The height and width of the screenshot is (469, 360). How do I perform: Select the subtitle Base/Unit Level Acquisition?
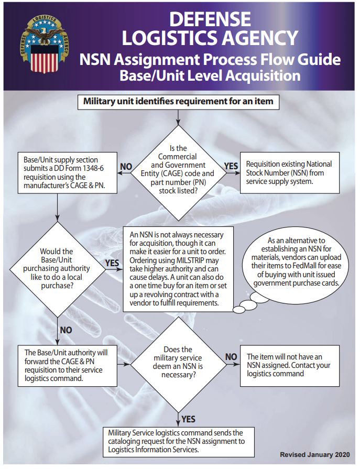click(210, 75)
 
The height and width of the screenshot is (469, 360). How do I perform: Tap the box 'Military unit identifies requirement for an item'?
click(179, 101)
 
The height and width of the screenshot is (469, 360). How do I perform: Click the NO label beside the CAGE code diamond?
click(126, 167)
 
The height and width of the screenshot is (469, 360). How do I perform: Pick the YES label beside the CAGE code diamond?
click(231, 166)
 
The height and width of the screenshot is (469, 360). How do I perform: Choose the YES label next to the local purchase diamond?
click(112, 262)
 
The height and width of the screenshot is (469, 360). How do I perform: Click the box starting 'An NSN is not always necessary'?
click(178, 268)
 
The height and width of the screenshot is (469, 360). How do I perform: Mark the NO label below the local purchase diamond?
click(66, 331)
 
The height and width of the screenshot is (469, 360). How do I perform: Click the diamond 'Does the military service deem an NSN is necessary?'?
click(178, 363)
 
